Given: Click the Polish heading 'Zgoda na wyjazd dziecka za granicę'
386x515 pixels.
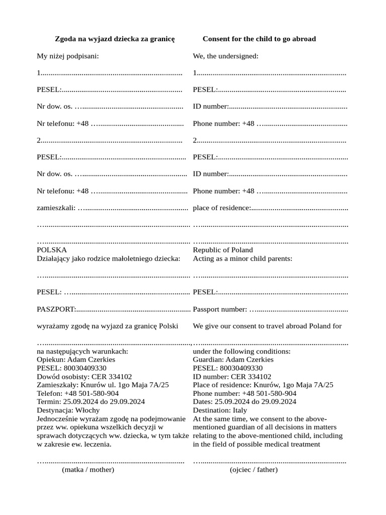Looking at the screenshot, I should (x=115, y=39).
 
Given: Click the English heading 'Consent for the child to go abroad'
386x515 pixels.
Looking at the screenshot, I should (x=259, y=39).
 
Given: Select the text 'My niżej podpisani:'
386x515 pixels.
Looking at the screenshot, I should (x=68, y=56).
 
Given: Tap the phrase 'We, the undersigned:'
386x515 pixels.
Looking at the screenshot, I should (x=226, y=56).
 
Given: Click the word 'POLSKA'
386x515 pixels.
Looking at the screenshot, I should (x=52, y=250).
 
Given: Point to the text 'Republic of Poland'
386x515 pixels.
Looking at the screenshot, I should (x=223, y=250).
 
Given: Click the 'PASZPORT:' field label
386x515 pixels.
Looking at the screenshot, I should (x=56, y=309).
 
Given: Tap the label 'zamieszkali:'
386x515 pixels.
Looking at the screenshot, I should (x=56, y=208).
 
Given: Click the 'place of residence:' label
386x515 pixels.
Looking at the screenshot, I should (x=222, y=208).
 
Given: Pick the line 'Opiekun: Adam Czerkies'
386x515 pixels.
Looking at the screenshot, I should (x=76, y=360).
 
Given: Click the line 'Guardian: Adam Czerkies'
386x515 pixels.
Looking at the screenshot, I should (x=233, y=360).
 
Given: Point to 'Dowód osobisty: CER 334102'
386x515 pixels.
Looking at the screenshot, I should (x=84, y=377).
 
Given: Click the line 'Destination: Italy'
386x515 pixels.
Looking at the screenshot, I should (x=220, y=410).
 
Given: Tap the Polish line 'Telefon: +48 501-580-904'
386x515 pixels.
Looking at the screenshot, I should (x=78, y=393).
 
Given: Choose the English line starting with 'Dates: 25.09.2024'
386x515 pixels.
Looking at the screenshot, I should (x=244, y=402).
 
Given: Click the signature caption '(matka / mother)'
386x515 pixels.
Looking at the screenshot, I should (x=88, y=470).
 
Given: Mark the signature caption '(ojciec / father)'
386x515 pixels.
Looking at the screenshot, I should (x=254, y=470).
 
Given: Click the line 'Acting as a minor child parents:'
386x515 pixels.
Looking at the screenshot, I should (x=243, y=259).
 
